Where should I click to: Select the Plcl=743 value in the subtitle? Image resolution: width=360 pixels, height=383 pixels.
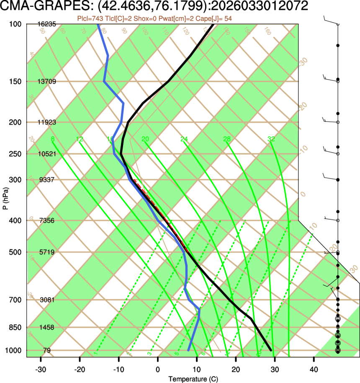(x=90, y=18)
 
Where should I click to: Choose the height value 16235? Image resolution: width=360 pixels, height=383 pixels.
(x=46, y=24)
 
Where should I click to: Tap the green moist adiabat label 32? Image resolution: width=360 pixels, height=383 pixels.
(x=271, y=139)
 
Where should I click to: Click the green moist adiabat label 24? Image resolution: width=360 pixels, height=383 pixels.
(x=184, y=139)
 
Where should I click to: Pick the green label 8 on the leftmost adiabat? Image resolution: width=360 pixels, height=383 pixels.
(x=52, y=139)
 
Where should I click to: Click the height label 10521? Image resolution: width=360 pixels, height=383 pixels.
(x=46, y=154)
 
